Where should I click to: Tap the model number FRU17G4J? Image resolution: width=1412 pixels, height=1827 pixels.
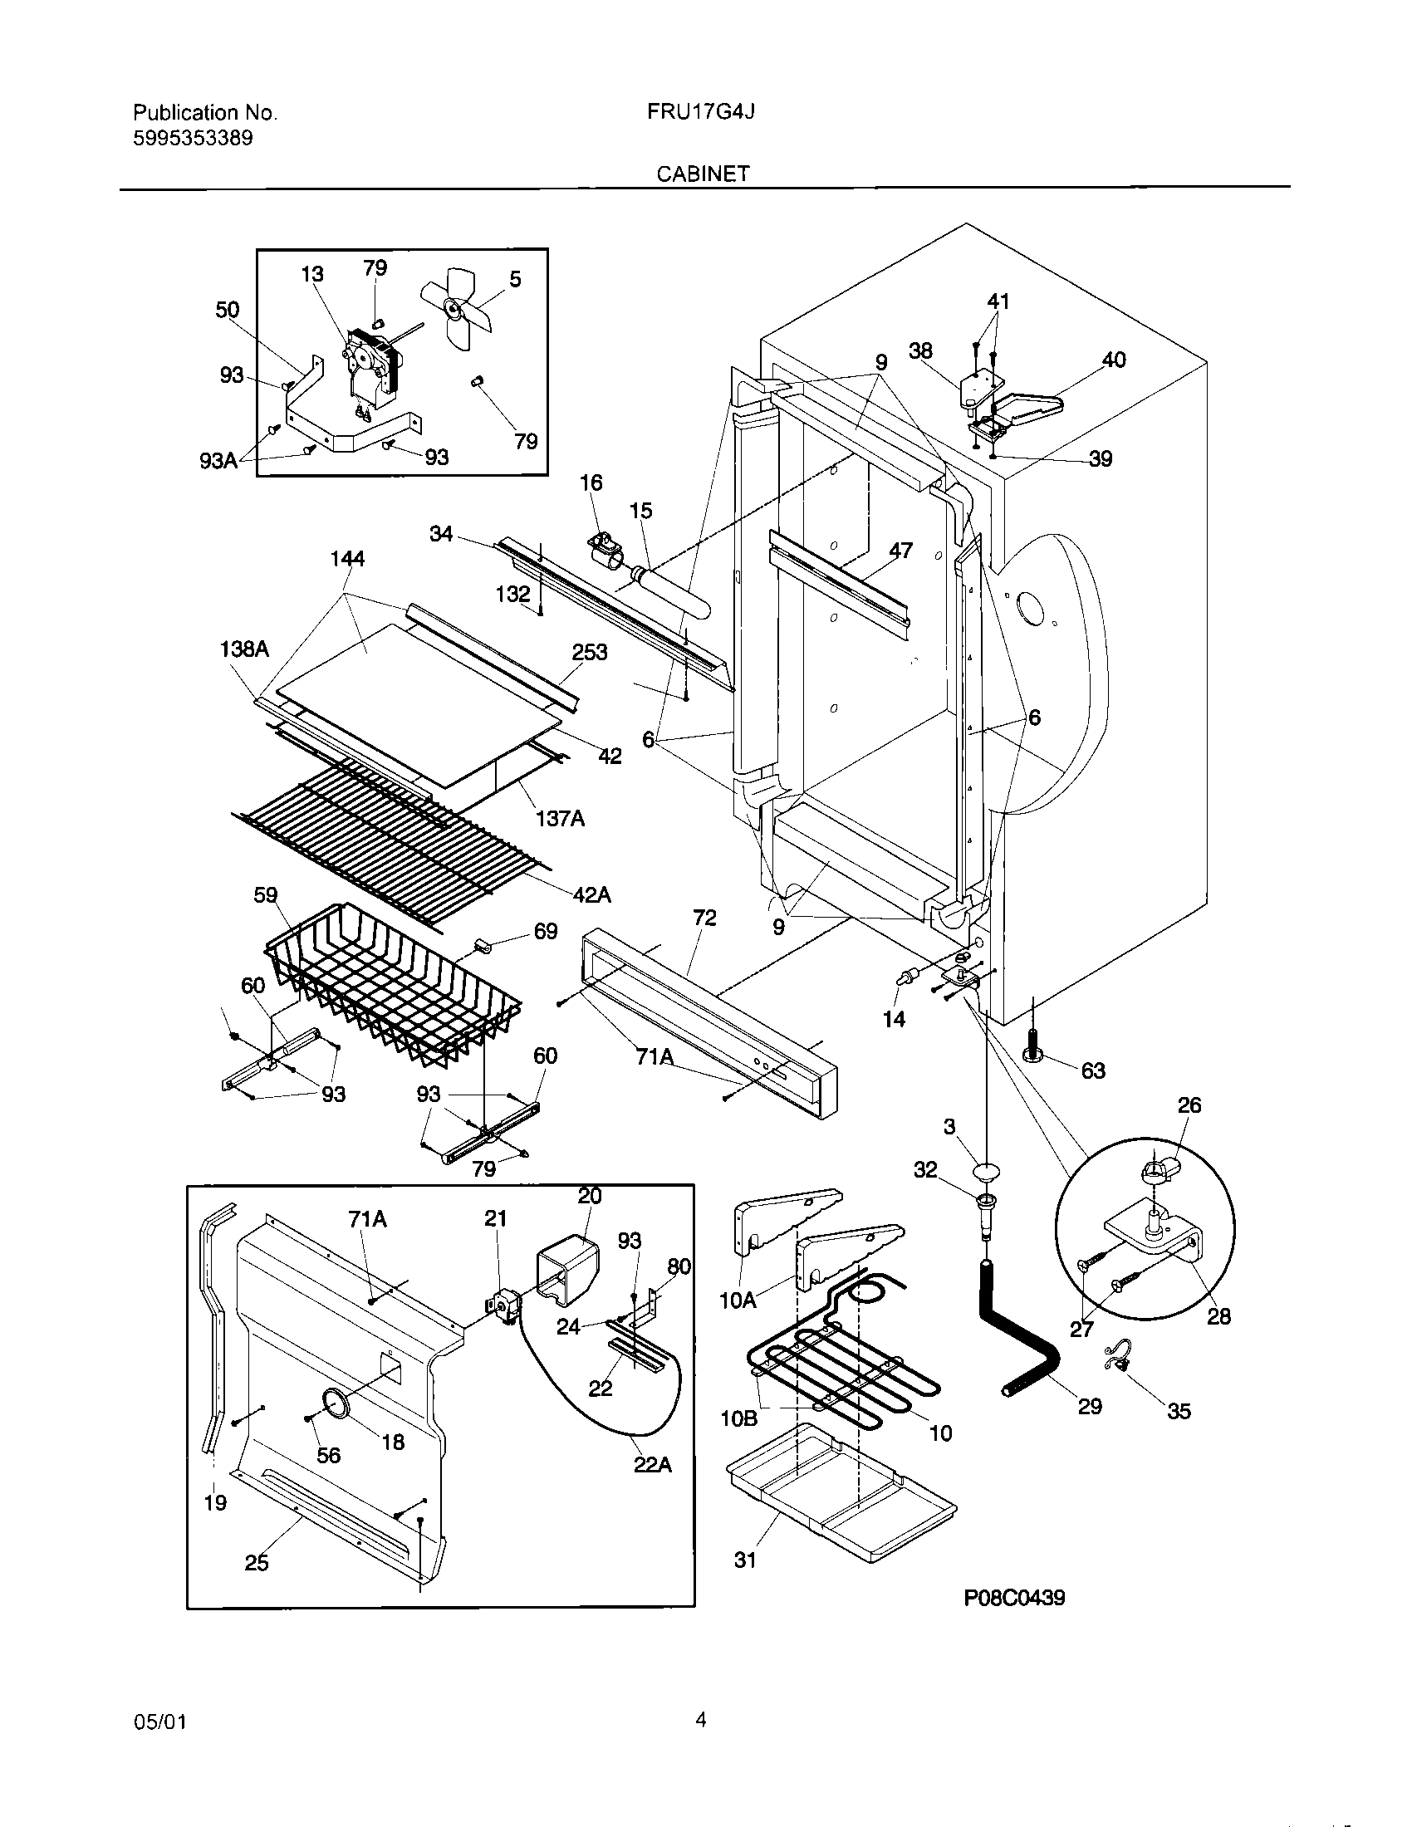coord(701,112)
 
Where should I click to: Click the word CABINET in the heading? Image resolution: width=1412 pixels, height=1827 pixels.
coord(703,174)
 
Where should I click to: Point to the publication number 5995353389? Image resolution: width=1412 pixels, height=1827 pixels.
coord(193,138)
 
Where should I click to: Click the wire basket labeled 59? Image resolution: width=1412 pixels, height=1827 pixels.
coord(393,987)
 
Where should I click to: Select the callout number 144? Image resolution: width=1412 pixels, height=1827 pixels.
coord(347,558)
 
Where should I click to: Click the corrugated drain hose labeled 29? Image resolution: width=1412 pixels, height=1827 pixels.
coord(1017,1330)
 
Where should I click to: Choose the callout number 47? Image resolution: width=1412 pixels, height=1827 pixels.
coord(900,550)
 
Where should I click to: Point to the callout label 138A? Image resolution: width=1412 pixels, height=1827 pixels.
coord(244,649)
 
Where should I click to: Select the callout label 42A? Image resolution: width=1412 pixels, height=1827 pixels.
coord(591,894)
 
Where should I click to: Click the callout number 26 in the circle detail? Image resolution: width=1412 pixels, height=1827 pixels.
coord(1189,1105)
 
